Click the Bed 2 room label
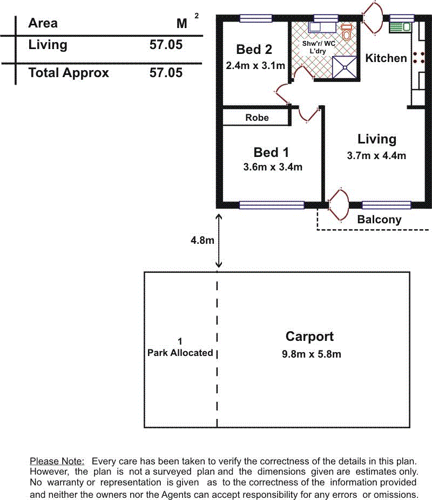254,50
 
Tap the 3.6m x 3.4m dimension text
273,167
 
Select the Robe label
257,118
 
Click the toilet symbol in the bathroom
347,32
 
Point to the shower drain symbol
345,67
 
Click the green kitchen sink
400,27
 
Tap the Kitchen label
386,58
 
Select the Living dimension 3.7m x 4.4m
376,156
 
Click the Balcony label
379,220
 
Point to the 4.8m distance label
202,240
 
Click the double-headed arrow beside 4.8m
219,241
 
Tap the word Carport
309,337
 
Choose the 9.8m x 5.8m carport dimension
311,354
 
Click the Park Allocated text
180,353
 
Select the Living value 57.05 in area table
166,45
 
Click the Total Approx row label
69,73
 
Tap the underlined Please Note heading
57,461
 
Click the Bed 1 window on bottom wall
272,205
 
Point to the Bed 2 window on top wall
256,18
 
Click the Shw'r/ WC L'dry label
319,47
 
